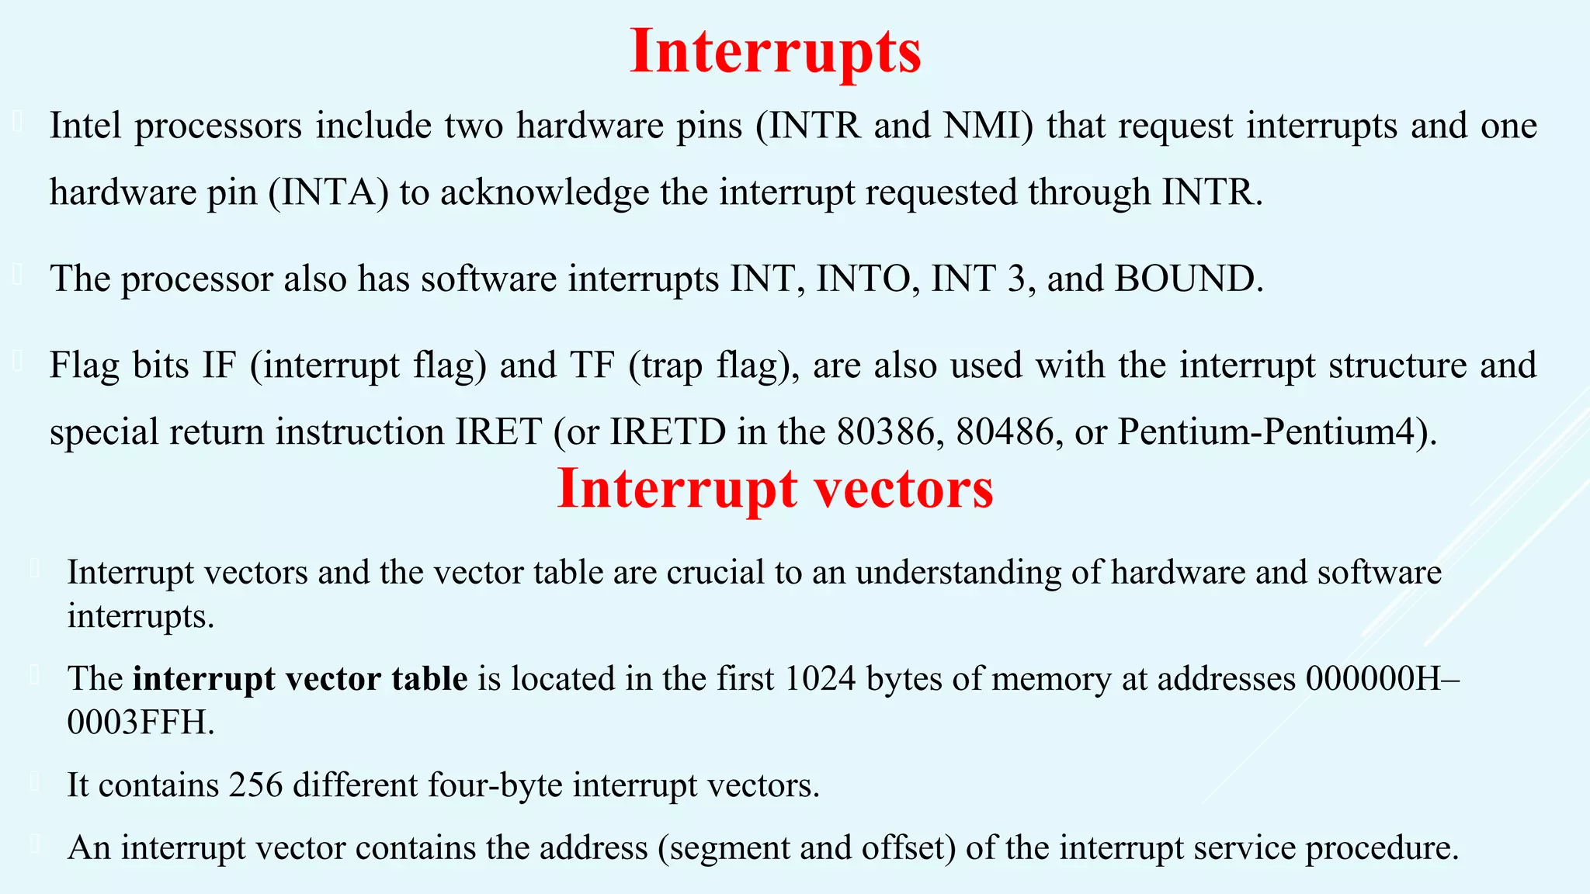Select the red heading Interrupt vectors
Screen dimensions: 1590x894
(x=775, y=489)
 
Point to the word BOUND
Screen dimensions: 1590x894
(x=1184, y=279)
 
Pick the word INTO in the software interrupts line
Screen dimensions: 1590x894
(x=863, y=279)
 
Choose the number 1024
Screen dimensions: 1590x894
(x=820, y=679)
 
